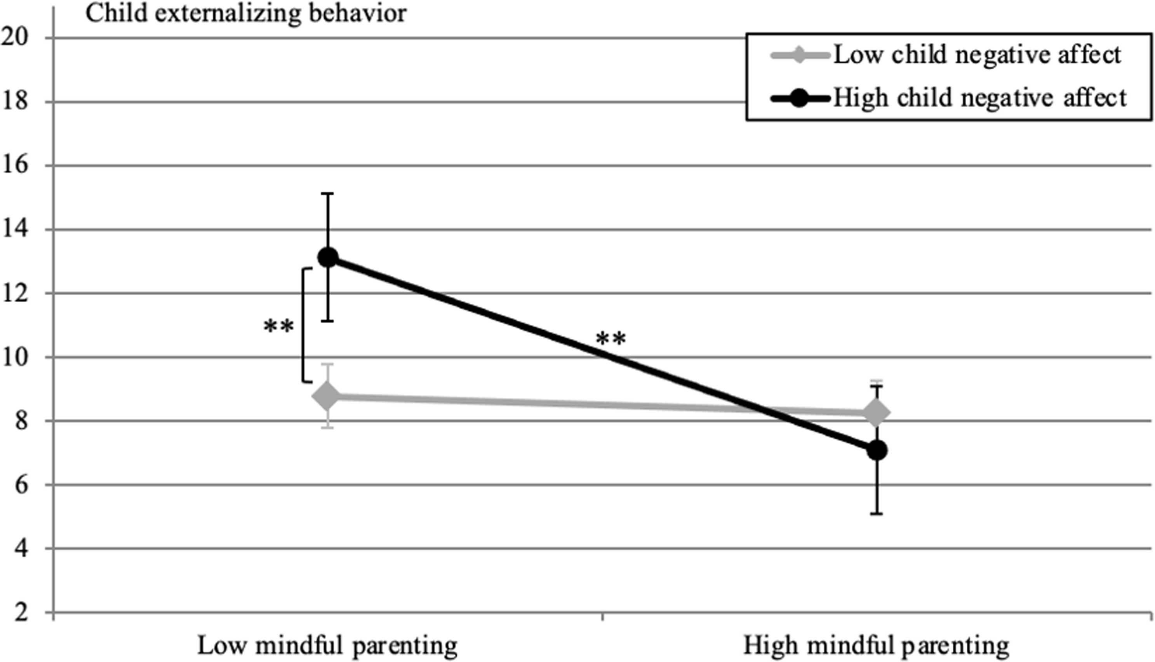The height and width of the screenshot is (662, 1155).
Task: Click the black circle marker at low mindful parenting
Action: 328,257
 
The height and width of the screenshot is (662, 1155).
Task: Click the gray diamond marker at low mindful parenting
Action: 328,395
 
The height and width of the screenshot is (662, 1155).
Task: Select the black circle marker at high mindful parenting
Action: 877,451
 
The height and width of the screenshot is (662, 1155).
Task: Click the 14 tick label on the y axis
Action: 14,229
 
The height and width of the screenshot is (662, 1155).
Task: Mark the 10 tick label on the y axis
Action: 14,357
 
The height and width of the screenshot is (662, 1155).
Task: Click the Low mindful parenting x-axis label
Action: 327,645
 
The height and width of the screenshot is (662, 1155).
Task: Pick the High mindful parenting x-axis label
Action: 876,645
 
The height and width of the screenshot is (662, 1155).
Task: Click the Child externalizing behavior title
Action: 246,14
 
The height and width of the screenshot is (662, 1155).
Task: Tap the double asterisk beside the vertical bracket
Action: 279,326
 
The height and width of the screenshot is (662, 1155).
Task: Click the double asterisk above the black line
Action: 611,339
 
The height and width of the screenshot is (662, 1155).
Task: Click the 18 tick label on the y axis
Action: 14,101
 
